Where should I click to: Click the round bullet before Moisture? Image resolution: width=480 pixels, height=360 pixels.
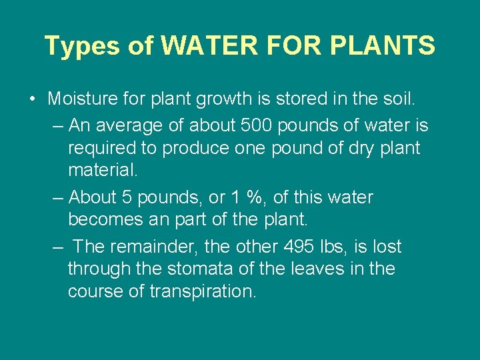click(x=33, y=100)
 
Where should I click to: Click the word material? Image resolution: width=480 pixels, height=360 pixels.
click(x=103, y=171)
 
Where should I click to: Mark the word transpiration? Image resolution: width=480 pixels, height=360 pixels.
click(x=203, y=292)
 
